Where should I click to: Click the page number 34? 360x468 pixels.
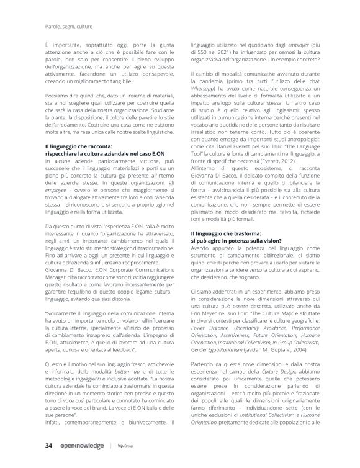point(48,446)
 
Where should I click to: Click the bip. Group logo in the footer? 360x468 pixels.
point(125,446)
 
